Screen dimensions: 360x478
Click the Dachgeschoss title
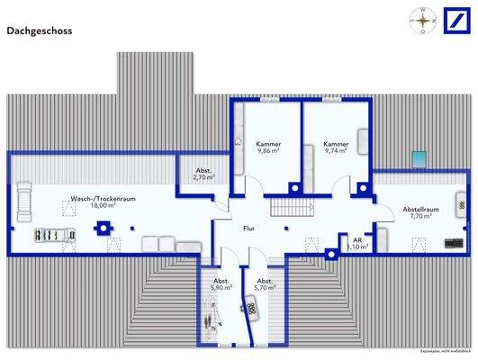40,30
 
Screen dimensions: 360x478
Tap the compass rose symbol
419,20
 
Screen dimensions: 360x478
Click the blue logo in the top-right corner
453,21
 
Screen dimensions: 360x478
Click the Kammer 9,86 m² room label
267,148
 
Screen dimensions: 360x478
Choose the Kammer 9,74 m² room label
336,148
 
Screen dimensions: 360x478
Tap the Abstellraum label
420,210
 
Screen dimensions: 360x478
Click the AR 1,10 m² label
357,243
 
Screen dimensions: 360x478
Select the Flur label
249,229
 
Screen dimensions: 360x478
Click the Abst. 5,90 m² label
221,283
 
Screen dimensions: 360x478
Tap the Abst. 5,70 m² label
265,283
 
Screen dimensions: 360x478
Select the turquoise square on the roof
419,160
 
